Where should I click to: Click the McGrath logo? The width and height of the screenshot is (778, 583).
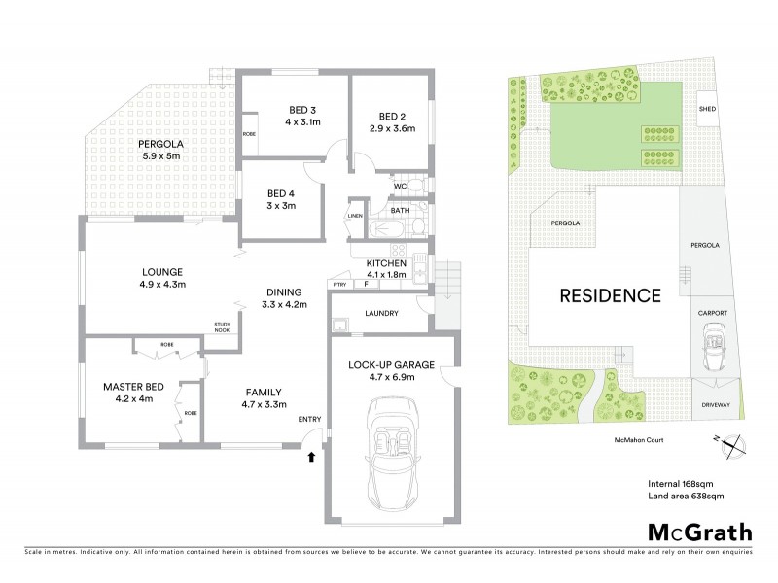(x=700, y=532)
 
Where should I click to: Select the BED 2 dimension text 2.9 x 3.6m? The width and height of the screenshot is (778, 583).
(x=391, y=127)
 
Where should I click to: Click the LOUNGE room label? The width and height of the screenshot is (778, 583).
(x=162, y=271)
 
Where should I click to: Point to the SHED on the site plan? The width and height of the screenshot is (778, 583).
(x=707, y=109)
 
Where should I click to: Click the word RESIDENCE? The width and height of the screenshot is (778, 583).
(x=610, y=294)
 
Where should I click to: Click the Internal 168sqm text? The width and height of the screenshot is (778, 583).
(x=682, y=483)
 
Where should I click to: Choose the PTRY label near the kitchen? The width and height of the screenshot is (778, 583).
(x=339, y=284)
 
